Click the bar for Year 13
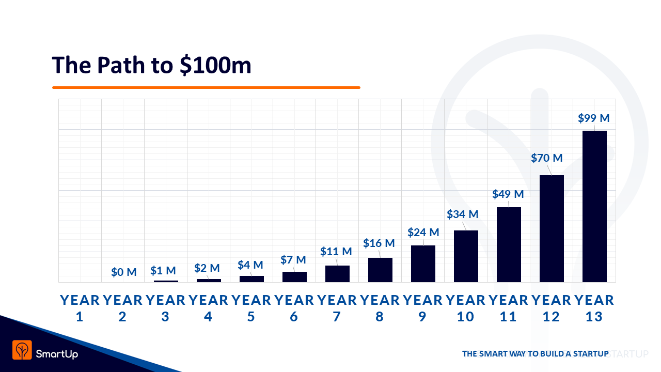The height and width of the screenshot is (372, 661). pos(594,207)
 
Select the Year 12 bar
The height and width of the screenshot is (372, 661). pos(552,229)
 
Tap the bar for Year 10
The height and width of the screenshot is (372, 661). pos(466,256)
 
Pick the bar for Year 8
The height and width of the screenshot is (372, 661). pos(380,270)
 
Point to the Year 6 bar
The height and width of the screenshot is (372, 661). pos(294,277)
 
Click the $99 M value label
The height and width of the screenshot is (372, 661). pos(594,118)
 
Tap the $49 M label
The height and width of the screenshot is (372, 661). pos(508,194)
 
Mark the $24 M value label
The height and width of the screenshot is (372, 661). pos(423,233)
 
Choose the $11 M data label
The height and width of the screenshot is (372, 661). pos(336,252)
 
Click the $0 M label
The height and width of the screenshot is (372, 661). pos(124,272)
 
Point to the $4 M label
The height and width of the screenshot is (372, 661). pos(250,265)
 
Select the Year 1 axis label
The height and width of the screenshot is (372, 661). pos(80,308)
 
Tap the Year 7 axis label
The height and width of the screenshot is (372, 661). pos(337,308)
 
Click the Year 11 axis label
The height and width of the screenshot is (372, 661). pos(508,308)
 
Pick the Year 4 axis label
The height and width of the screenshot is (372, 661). pos(208,308)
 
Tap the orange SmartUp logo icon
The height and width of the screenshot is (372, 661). pos(22,350)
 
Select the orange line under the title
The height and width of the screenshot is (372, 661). pos(206,87)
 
